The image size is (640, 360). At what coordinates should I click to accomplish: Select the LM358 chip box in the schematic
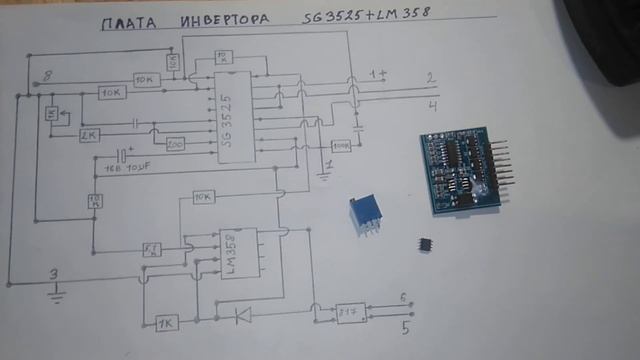[236, 252]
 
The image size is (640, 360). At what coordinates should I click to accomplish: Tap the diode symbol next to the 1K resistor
[240, 317]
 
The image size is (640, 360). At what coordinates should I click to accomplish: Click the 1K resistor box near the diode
[166, 322]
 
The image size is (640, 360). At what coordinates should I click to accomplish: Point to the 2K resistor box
[90, 134]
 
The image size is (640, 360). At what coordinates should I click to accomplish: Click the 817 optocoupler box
[350, 311]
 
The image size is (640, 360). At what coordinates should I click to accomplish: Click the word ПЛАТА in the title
[127, 23]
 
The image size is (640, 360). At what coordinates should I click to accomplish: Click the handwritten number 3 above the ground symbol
[56, 274]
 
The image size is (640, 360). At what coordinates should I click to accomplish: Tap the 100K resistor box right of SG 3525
[341, 146]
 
